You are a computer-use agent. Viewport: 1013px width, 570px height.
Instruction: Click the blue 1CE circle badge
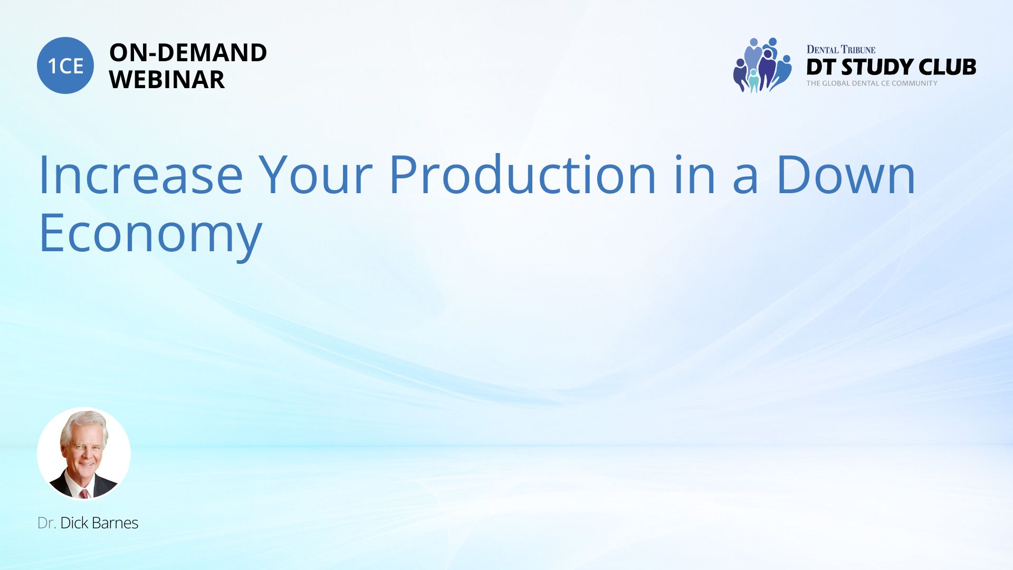click(x=65, y=65)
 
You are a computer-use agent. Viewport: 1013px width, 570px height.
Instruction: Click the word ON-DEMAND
click(x=188, y=53)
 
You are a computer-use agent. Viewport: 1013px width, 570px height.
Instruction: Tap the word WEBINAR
click(x=167, y=80)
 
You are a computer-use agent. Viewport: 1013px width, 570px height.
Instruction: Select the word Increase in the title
click(x=141, y=175)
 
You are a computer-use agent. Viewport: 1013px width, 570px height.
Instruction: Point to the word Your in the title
click(x=315, y=175)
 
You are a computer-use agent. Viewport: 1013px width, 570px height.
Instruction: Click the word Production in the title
click(x=522, y=175)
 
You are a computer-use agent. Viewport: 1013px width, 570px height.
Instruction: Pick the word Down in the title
click(x=846, y=175)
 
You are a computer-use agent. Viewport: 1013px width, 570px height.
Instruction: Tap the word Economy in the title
click(x=151, y=234)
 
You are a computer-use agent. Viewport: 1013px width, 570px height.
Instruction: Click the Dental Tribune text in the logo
click(x=840, y=50)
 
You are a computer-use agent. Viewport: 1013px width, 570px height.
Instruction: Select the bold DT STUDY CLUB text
click(x=891, y=67)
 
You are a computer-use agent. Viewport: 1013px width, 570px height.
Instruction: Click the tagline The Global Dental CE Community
click(x=872, y=83)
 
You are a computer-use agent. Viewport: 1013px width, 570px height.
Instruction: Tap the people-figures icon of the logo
click(x=762, y=65)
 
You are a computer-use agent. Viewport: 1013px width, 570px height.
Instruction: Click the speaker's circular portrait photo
click(x=84, y=453)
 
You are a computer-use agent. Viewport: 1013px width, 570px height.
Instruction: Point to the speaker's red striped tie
click(x=84, y=494)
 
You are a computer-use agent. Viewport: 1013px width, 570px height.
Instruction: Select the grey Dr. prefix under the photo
click(x=47, y=523)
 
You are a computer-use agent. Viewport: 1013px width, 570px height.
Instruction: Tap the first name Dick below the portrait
click(x=74, y=523)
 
